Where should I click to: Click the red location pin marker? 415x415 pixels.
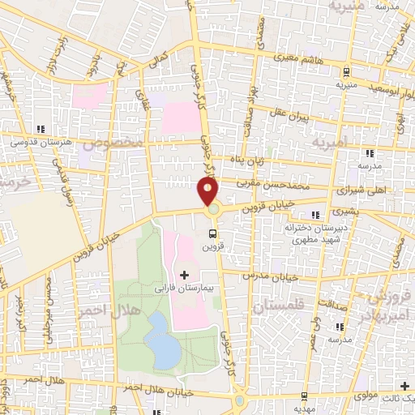(208, 192)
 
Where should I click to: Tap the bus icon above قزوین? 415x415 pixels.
(213, 233)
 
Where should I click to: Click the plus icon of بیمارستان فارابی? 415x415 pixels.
(185, 276)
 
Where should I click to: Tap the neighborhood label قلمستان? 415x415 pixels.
(276, 308)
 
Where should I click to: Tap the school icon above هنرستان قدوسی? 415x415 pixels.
(38, 129)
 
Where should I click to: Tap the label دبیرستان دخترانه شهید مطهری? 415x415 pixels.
(305, 234)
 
